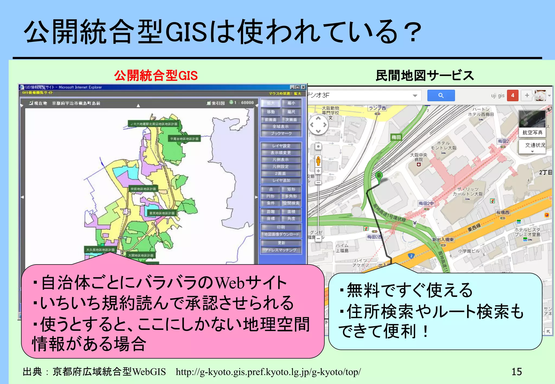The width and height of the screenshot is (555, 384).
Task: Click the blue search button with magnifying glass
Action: tap(441, 95)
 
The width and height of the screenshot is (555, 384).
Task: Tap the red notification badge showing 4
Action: tap(512, 95)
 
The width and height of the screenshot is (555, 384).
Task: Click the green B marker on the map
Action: tap(379, 176)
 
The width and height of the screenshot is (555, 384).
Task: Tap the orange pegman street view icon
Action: tap(318, 161)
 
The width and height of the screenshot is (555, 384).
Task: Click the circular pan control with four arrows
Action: tap(318, 125)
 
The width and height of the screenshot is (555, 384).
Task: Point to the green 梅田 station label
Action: tap(396, 137)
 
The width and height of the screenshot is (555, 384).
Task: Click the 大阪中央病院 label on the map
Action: tap(419, 157)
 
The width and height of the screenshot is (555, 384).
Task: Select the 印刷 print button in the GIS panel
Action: tap(281, 227)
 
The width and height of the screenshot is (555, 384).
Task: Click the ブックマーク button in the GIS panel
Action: tap(281, 134)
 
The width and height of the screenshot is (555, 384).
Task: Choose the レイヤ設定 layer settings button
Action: tap(281, 146)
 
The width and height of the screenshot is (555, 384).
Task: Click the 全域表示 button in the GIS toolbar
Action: tap(281, 126)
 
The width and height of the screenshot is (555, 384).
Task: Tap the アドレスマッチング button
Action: tap(281, 250)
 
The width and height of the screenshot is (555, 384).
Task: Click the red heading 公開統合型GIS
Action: tap(156, 76)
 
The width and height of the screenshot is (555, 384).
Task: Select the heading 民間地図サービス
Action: tap(425, 76)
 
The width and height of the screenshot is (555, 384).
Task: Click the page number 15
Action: tap(517, 372)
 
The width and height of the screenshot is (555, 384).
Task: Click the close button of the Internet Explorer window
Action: tap(303, 87)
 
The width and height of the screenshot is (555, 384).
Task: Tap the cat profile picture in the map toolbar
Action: tap(540, 95)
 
